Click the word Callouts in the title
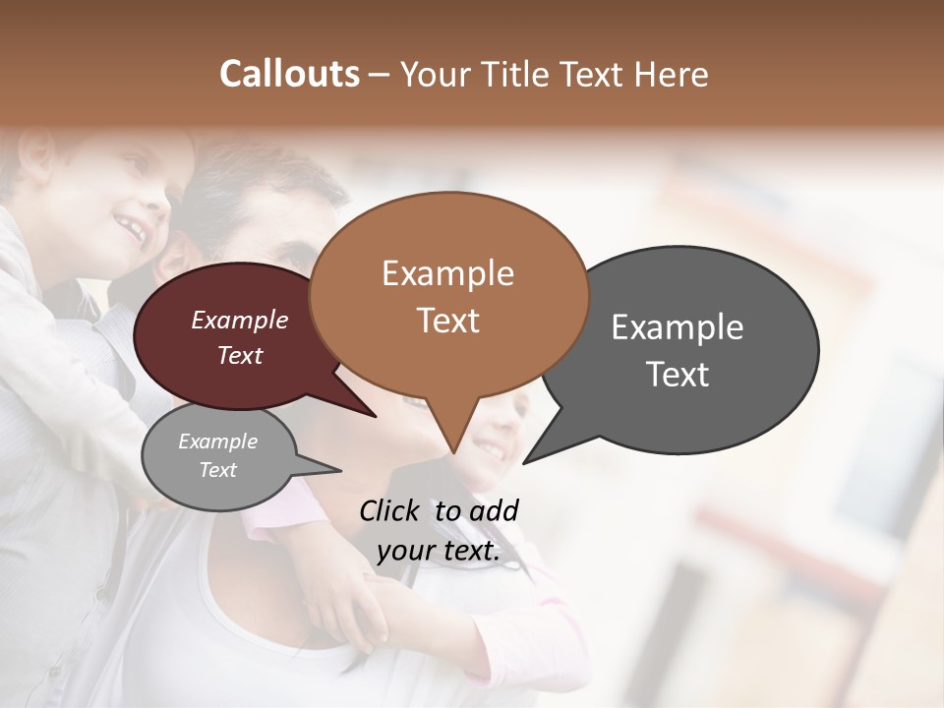coord(289,74)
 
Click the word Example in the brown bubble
coord(447,272)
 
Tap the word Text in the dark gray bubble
coord(678,375)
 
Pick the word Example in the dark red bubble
coord(240,320)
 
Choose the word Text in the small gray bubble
coord(217,470)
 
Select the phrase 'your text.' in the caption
coord(439,551)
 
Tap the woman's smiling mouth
coord(489,452)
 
